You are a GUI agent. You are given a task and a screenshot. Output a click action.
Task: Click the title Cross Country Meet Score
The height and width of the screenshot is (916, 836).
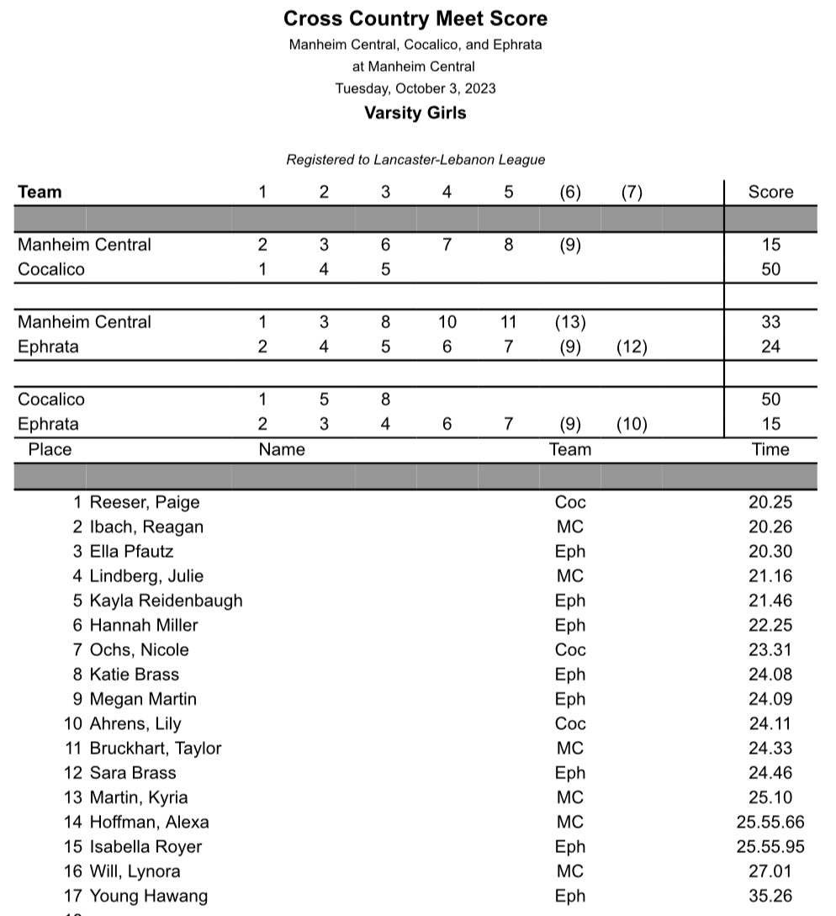pos(415,19)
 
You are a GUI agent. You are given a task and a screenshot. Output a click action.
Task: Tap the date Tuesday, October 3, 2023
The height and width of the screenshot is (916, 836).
pos(415,88)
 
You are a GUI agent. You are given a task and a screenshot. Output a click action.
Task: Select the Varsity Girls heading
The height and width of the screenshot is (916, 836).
pos(415,113)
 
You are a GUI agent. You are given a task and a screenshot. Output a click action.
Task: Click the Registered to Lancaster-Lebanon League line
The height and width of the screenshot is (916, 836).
pos(415,160)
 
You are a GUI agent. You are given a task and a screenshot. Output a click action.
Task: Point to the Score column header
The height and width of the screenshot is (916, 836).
pos(770,192)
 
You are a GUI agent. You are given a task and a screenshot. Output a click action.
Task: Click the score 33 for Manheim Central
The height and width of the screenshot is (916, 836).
pos(770,322)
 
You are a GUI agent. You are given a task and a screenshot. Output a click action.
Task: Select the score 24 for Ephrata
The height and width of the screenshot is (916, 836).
pos(770,347)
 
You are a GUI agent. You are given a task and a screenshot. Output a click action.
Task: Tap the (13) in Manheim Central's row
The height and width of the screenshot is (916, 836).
pos(570,322)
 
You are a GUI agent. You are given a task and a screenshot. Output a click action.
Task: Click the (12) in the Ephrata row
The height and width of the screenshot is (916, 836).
pos(632,347)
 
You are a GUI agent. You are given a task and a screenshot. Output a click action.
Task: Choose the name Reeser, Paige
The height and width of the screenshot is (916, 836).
pos(145,503)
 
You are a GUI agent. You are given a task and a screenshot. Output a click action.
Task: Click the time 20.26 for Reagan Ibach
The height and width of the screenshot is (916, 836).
pos(770,527)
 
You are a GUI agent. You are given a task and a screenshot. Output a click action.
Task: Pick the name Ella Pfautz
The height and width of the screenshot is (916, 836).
pos(133,552)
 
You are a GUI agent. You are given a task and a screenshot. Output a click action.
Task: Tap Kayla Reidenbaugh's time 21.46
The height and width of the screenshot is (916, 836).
pos(770,601)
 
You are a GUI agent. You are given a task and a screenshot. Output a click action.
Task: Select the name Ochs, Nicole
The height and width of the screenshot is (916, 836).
pos(140,650)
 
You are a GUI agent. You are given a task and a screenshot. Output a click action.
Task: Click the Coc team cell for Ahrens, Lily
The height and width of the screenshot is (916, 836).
pos(570,723)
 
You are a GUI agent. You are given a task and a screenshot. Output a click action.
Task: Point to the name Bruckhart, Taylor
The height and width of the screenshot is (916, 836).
pos(156,749)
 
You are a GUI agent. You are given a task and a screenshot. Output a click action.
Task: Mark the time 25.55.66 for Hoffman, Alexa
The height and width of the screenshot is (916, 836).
pos(770,822)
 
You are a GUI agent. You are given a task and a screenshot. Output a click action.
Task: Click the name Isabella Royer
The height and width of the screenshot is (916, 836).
pos(146,846)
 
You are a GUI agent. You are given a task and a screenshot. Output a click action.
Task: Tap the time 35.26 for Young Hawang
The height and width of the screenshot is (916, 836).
pos(770,896)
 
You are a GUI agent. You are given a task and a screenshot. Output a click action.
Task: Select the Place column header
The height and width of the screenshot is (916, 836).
pos(50,449)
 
